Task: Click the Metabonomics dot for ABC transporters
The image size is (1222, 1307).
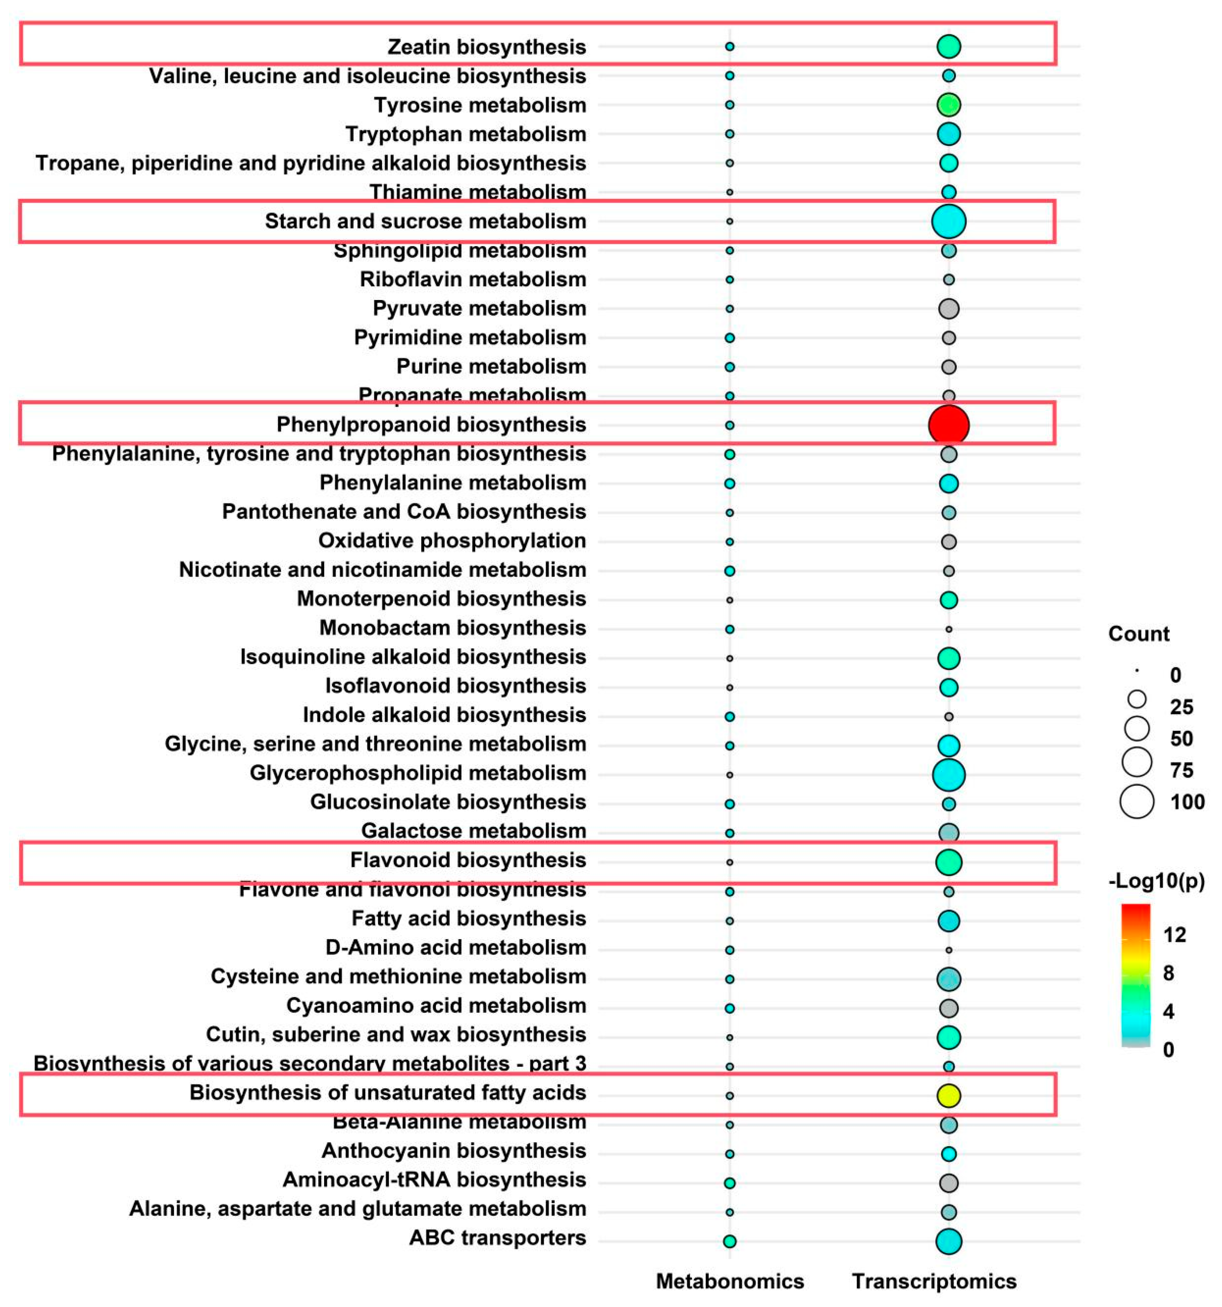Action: pyautogui.click(x=729, y=1241)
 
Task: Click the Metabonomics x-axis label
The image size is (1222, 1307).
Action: pyautogui.click(x=730, y=1281)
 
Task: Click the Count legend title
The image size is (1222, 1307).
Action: pyautogui.click(x=1139, y=634)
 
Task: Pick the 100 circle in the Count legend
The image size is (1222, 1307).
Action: pyautogui.click(x=1136, y=802)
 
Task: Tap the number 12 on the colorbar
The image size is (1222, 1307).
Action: pyautogui.click(x=1174, y=934)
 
